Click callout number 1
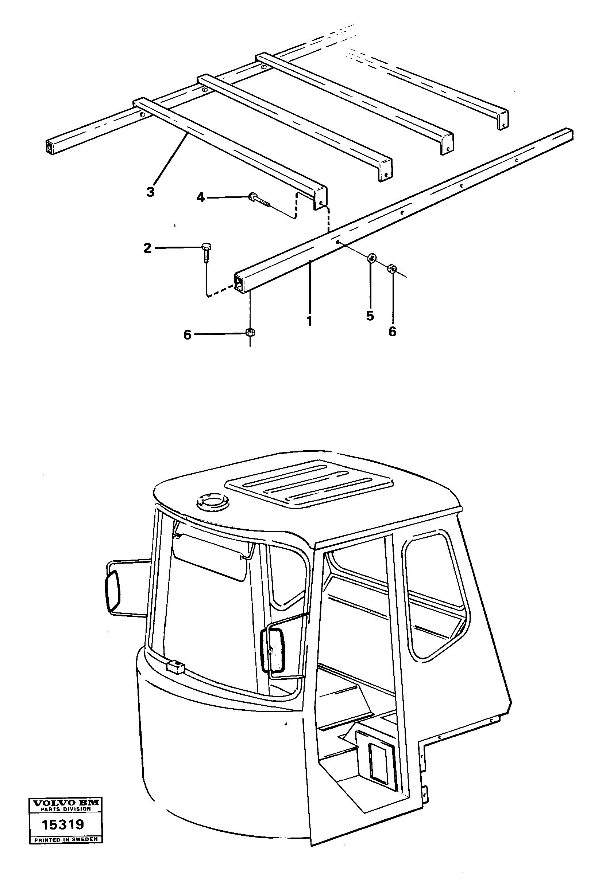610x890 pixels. point(309,321)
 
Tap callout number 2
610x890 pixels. point(147,248)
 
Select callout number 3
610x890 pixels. point(150,192)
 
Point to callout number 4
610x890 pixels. point(201,197)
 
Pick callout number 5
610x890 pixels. point(370,316)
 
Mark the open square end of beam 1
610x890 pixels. point(239,283)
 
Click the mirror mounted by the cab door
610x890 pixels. point(273,651)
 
